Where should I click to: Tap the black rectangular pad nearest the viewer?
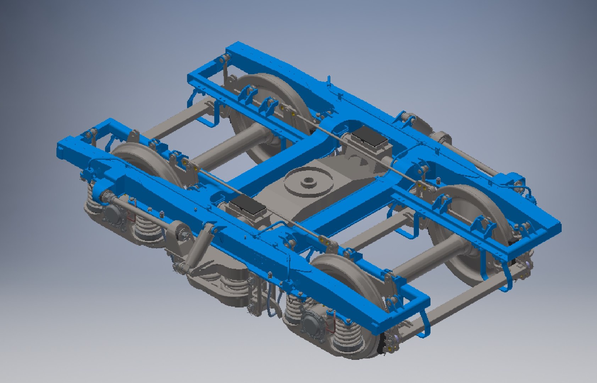pyautogui.click(x=247, y=208)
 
